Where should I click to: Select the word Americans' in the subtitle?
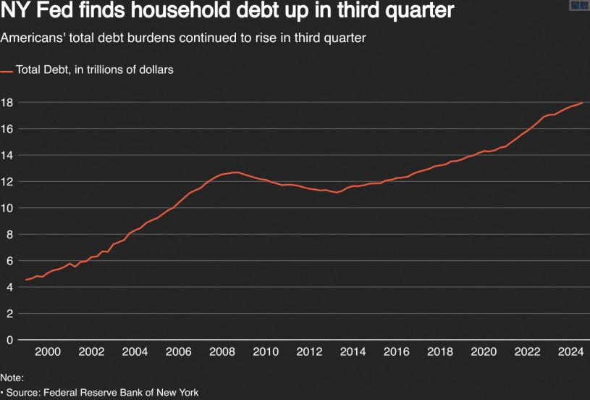[31, 38]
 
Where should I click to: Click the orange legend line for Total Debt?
[7, 71]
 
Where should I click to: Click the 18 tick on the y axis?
[7, 102]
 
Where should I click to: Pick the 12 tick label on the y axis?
[7, 181]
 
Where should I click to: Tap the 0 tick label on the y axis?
[10, 340]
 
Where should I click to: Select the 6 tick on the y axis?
[10, 261]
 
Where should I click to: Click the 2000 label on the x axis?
[48, 352]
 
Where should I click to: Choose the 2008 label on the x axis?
[222, 352]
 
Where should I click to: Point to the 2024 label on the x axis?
[571, 352]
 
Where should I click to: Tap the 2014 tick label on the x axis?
[353, 352]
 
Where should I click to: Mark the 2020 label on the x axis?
[484, 352]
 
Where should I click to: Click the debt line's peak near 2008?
[235, 172]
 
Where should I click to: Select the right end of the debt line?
[582, 103]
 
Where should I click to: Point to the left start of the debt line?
[26, 280]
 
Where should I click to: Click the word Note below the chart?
[12, 378]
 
